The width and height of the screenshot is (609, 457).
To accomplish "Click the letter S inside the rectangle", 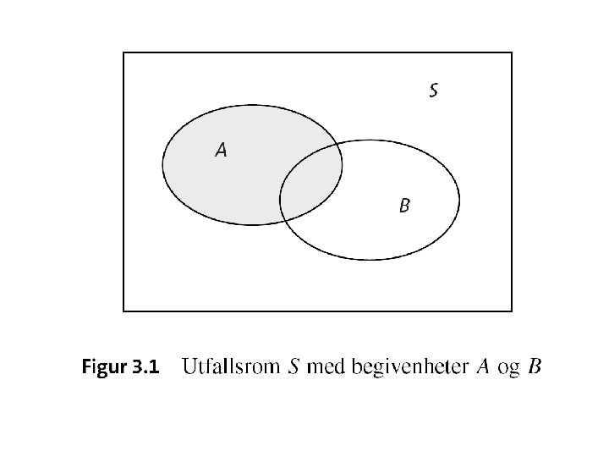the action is (433, 90).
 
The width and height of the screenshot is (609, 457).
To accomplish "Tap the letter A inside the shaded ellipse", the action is (221, 151).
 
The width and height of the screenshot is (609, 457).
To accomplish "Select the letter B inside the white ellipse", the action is (404, 205).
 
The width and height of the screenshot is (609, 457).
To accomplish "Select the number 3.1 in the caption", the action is (145, 367).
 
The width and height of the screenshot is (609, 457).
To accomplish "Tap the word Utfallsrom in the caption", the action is (231, 367).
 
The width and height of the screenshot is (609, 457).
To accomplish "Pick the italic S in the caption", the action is (294, 367).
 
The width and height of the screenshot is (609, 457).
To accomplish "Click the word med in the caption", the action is (325, 367).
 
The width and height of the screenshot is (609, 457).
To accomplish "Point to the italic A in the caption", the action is (483, 367).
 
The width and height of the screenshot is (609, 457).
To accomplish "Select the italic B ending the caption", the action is (535, 367).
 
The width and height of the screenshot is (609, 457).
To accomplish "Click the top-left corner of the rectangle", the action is (123, 52).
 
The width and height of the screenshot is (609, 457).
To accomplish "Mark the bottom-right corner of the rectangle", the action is (512, 311).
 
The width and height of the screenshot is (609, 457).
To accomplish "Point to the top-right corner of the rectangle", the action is (512, 52).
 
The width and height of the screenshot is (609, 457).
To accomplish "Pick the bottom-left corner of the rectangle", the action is (123, 311).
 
